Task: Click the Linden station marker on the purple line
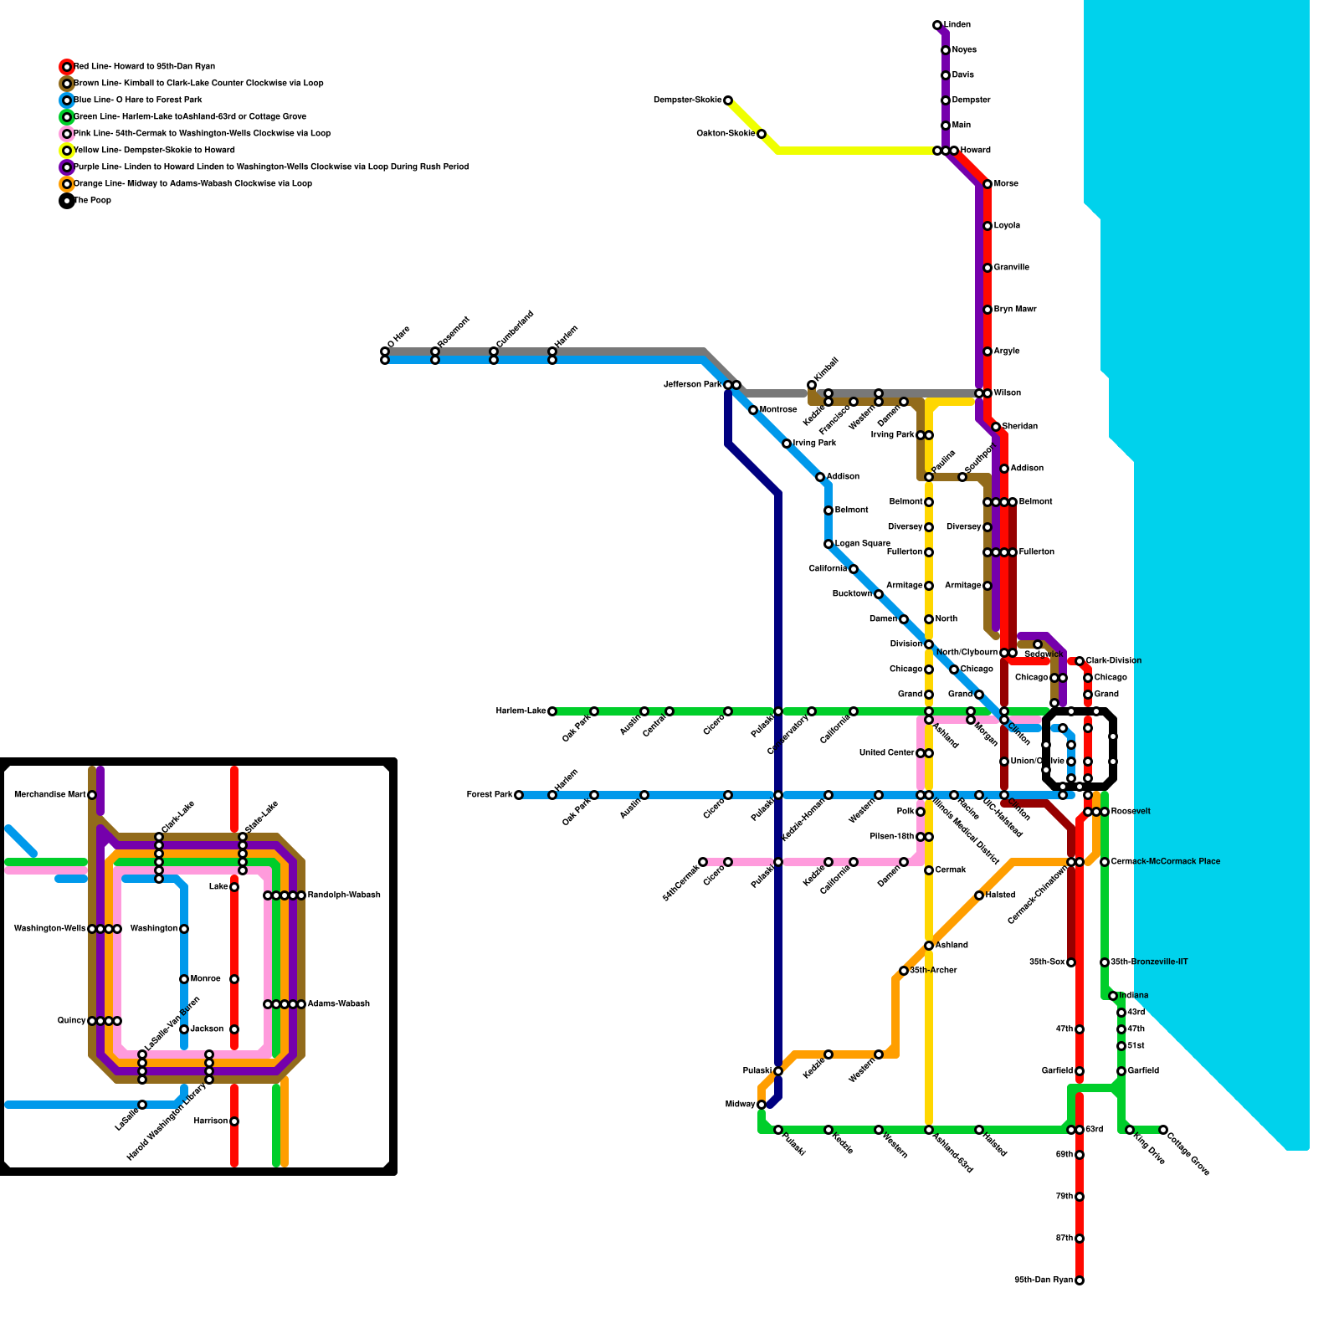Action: point(937,26)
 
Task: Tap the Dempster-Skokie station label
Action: point(687,100)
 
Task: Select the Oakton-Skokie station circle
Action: point(762,134)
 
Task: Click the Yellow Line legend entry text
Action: point(154,151)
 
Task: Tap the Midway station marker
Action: point(762,1105)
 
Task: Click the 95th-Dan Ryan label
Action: point(1043,1280)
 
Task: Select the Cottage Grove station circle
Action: point(1163,1130)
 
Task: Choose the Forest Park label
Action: point(490,795)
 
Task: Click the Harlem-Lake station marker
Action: point(552,711)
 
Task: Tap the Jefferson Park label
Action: point(692,385)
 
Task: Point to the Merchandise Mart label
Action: point(49,795)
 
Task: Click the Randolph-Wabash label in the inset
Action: point(344,895)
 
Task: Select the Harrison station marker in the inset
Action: point(234,1121)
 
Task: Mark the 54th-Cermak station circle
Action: point(703,862)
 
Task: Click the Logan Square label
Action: point(863,544)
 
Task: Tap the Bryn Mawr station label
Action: point(1015,310)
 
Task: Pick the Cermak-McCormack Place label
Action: point(1165,862)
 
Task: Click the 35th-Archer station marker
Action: point(904,971)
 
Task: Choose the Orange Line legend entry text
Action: point(192,184)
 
